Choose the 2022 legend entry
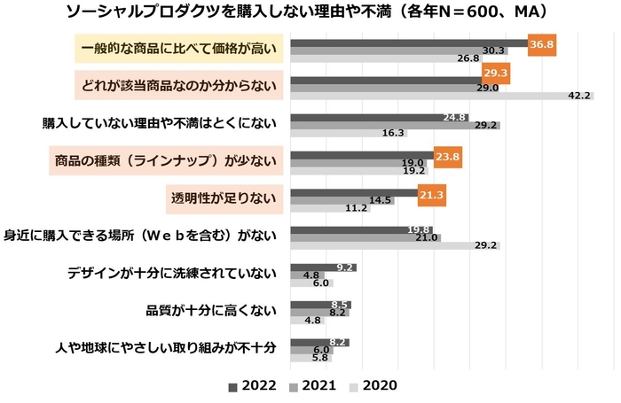(252, 386)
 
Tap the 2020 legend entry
(372, 386)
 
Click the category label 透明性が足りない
(221, 196)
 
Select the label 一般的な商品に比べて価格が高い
(178, 48)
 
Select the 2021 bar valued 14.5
(342, 200)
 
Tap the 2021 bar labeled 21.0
(365, 237)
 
